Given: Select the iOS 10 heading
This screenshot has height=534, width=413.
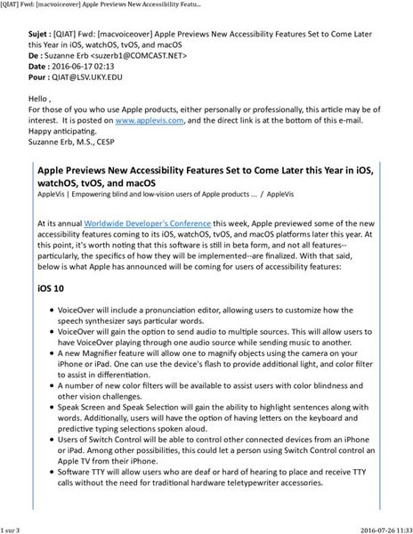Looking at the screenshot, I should point(51,289).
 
